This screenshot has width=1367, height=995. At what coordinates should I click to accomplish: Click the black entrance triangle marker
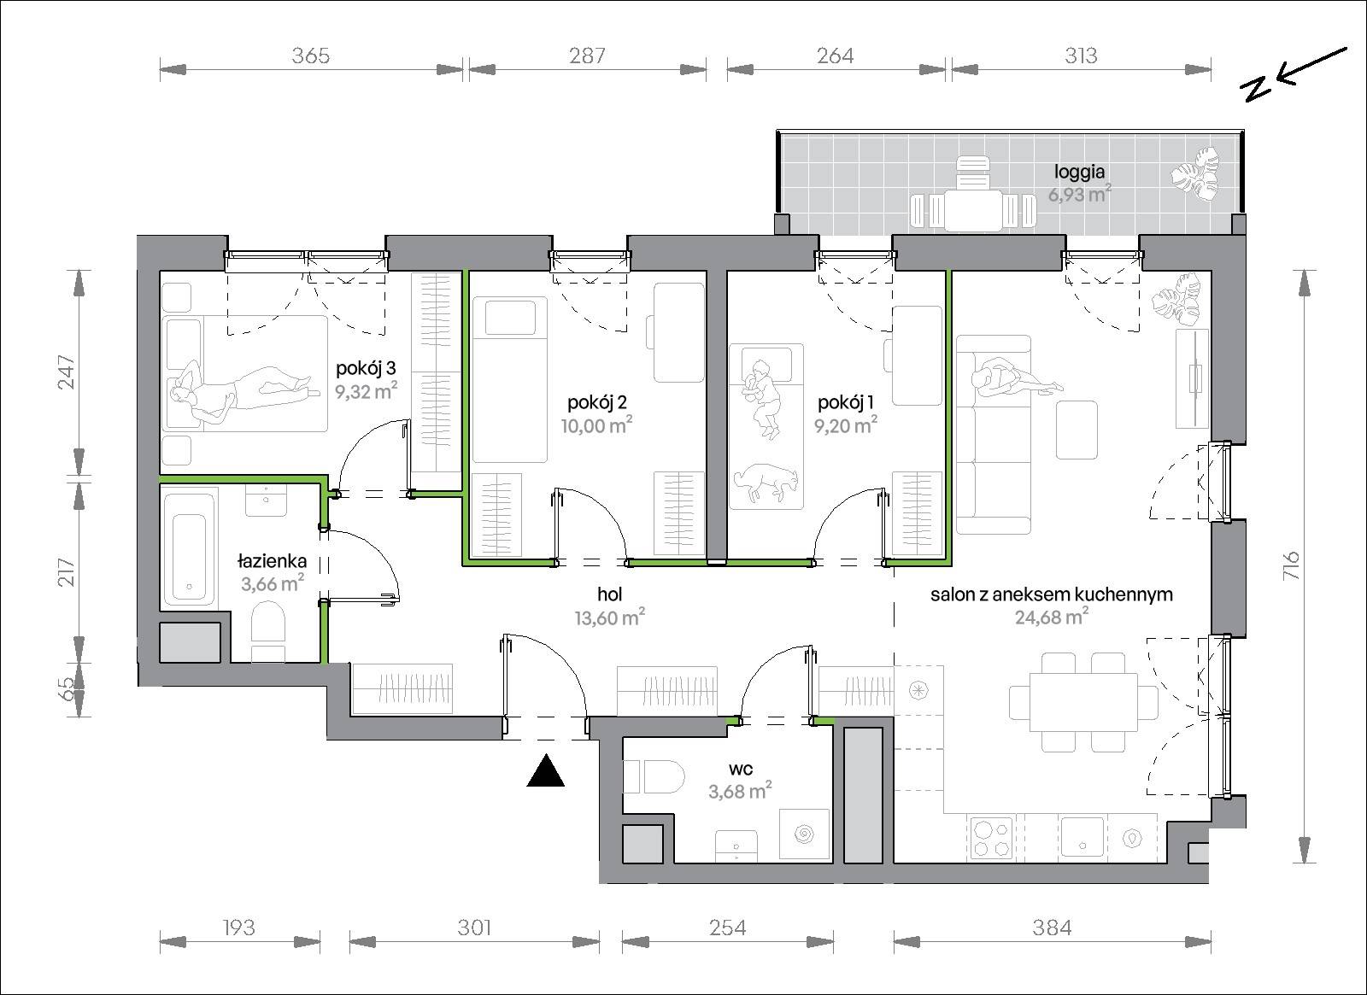point(546,771)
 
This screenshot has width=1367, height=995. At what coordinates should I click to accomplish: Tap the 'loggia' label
point(1080,172)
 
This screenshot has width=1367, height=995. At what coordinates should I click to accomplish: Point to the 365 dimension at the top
point(311,56)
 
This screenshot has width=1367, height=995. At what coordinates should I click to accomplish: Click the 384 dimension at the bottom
point(1052,928)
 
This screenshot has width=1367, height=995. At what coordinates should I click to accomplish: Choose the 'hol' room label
point(610,594)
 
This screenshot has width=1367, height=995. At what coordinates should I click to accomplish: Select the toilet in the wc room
point(654,776)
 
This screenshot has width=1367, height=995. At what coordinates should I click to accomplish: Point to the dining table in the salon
point(1083,702)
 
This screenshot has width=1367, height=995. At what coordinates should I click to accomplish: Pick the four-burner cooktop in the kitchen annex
point(992,839)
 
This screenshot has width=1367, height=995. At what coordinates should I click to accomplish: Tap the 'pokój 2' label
point(597,402)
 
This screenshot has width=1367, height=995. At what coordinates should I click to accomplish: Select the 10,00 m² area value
point(597,425)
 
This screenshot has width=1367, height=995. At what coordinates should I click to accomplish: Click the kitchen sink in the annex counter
point(1082,836)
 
